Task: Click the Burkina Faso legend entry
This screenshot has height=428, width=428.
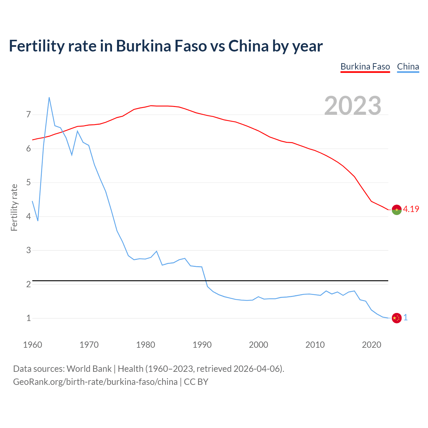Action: [x=365, y=67]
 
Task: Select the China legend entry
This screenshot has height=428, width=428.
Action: [x=408, y=67]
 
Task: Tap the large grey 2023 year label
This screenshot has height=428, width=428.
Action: [x=353, y=106]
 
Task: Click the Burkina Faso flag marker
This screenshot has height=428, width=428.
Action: [x=397, y=210]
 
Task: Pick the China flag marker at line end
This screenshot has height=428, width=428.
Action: [x=397, y=318]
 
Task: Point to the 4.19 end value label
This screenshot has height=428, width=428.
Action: [x=411, y=209]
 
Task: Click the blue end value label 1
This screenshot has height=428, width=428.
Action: [x=406, y=318]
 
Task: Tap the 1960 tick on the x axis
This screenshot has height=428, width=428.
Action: [x=32, y=345]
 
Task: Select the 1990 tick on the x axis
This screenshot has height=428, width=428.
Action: [x=202, y=345]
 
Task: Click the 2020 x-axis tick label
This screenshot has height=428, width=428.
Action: [x=371, y=345]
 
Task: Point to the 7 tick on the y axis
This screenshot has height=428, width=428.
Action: [x=28, y=115]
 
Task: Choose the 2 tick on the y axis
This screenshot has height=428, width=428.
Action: [x=28, y=284]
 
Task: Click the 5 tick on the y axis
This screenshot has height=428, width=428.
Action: [x=28, y=183]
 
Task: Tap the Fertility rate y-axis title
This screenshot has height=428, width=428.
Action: [x=14, y=207]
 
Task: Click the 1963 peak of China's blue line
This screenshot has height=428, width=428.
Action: [x=49, y=98]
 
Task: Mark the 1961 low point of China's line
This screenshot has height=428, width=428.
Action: [x=38, y=221]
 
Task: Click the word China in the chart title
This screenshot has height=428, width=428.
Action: [x=248, y=46]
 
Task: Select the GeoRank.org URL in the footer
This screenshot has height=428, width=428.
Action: [x=95, y=382]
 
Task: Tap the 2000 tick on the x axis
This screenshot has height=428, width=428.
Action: [x=258, y=345]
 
